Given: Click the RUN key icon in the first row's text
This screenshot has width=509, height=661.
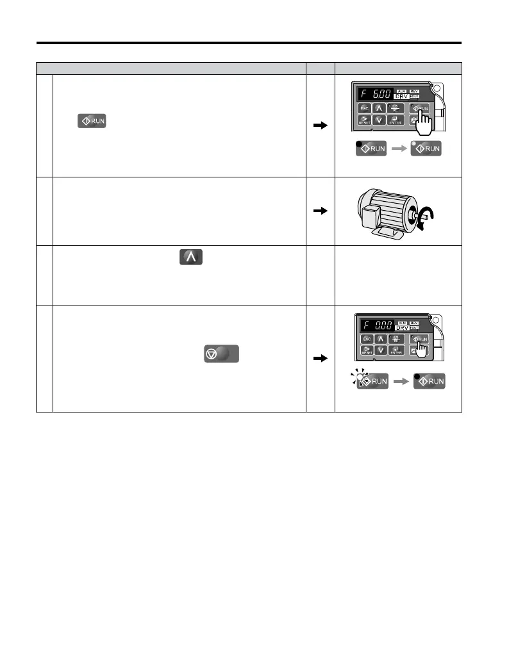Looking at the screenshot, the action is coord(91,120).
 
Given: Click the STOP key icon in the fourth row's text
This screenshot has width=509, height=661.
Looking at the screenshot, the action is coord(221,353).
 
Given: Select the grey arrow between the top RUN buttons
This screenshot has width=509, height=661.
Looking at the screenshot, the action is coord(399,149).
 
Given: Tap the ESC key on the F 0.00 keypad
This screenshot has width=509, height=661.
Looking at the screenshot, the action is coord(367,339).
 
